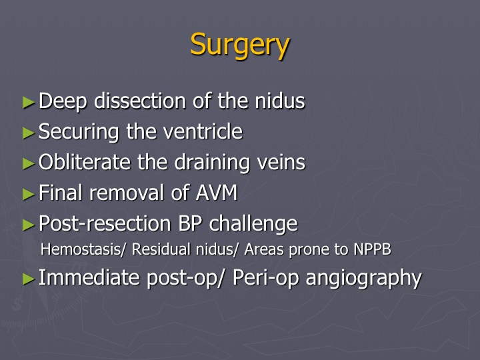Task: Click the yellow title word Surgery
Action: [x=240, y=45]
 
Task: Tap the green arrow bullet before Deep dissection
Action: [x=29, y=103]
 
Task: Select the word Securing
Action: [x=79, y=132]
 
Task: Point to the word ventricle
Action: [x=203, y=131]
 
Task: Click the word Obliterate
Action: [x=85, y=162]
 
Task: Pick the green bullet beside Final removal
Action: [x=29, y=195]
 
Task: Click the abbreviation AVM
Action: [x=217, y=193]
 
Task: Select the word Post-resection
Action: [x=105, y=223]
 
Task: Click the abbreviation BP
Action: [x=190, y=223]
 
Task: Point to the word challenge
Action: [x=253, y=224]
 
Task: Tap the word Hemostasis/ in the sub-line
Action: [x=83, y=249]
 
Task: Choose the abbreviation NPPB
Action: [x=372, y=249]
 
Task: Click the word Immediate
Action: [x=89, y=277]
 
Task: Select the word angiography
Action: [x=364, y=279]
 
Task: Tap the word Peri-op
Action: [x=265, y=279]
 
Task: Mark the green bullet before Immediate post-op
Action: [x=29, y=279]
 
